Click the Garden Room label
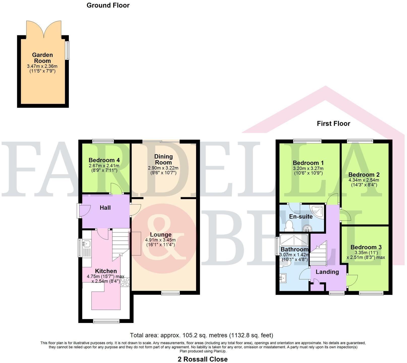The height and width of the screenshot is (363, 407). click(x=43, y=58)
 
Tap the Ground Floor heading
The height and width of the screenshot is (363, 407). click(x=108, y=5)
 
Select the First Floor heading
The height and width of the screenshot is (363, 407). click(x=333, y=124)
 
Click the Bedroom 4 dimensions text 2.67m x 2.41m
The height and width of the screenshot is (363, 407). click(x=104, y=166)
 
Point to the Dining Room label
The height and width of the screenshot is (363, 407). click(x=163, y=160)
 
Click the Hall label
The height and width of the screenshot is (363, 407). click(x=105, y=208)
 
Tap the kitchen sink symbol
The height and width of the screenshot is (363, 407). click(x=87, y=244)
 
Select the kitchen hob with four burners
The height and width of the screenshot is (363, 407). click(x=125, y=282)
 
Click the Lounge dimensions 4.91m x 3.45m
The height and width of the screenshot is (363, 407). click(x=160, y=240)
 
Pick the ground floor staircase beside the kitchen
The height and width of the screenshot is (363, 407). click(x=120, y=244)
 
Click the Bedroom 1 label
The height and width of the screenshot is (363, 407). click(x=308, y=163)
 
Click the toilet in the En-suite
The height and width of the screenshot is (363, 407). click(x=289, y=226)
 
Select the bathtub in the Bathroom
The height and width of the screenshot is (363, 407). click(x=294, y=240)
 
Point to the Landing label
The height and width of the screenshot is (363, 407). click(x=327, y=272)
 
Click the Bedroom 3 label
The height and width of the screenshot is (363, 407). click(x=366, y=247)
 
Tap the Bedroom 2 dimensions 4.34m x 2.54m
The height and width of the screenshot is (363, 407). click(x=364, y=180)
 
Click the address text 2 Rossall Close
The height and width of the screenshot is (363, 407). click(x=203, y=359)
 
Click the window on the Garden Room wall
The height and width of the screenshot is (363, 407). click(x=67, y=50)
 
